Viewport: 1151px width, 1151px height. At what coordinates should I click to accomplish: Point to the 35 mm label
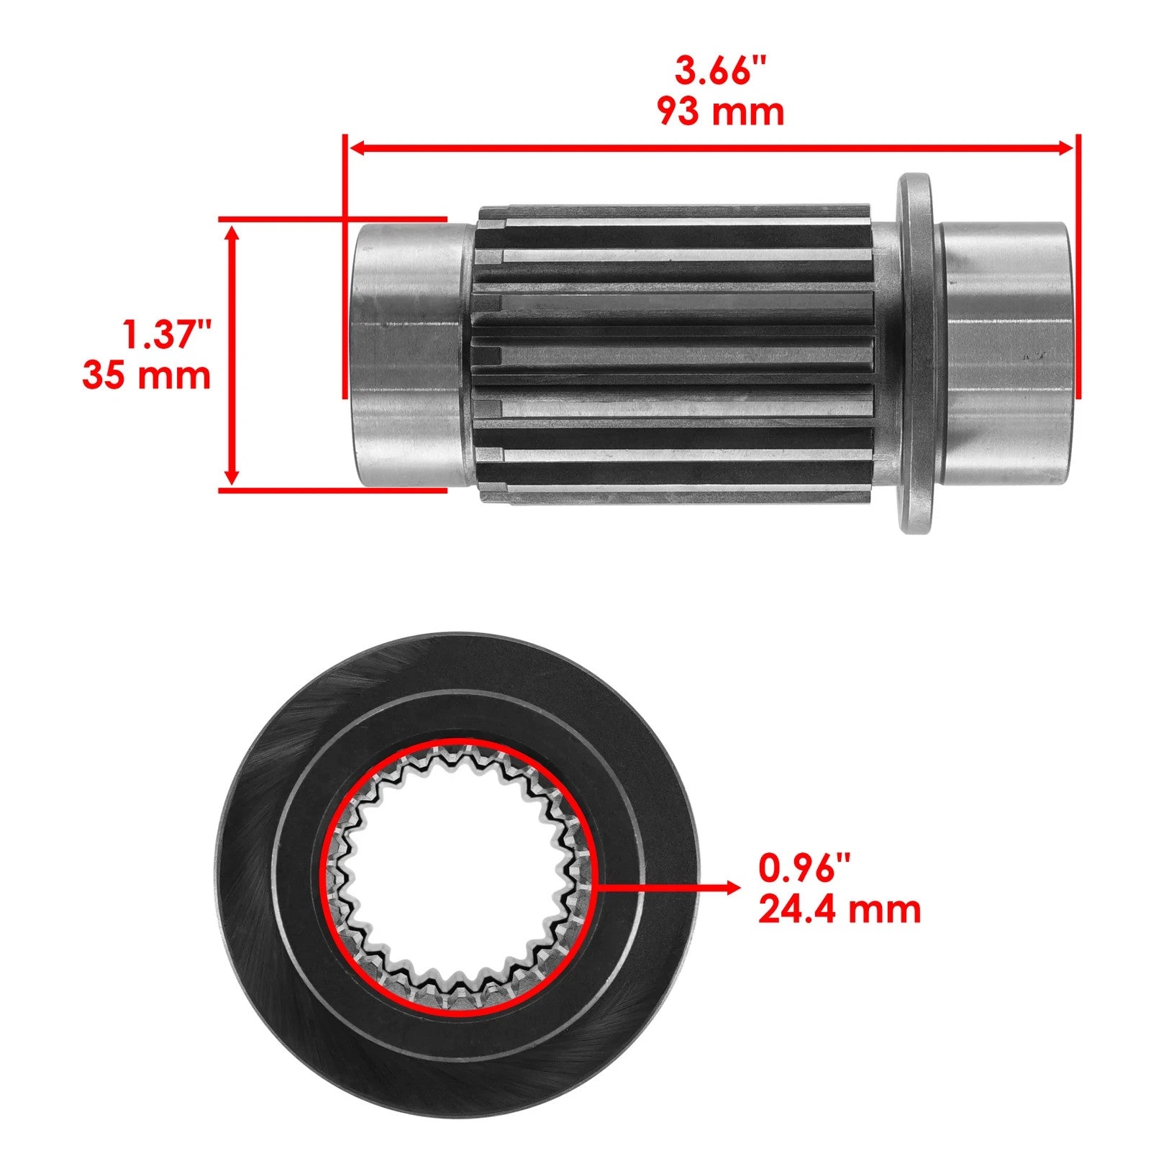pyautogui.click(x=147, y=376)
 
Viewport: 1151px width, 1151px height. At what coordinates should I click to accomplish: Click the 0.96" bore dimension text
pyautogui.click(x=805, y=868)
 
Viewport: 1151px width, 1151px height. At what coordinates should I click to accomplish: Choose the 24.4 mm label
pyautogui.click(x=840, y=909)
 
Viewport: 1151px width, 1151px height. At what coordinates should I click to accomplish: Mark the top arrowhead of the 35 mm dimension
pyautogui.click(x=232, y=235)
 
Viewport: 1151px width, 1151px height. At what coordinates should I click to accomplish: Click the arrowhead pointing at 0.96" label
pyautogui.click(x=731, y=888)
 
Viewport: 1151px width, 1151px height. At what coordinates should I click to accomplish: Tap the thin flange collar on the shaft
pyautogui.click(x=914, y=352)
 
